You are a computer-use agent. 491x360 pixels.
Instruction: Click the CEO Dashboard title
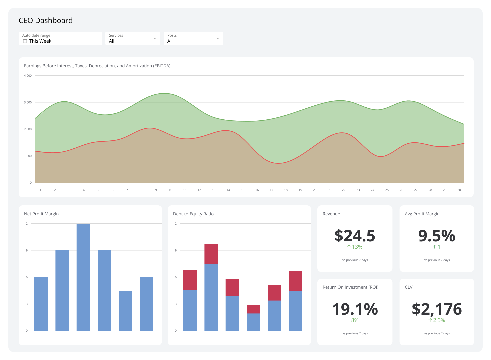click(46, 21)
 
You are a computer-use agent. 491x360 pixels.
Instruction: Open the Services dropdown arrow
click(155, 38)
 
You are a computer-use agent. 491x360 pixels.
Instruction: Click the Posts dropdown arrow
click(218, 38)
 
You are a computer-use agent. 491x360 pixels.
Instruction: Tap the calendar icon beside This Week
click(25, 41)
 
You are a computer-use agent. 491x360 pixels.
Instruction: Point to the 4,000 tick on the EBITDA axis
click(28, 76)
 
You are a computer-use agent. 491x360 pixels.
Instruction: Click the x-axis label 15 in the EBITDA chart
click(243, 190)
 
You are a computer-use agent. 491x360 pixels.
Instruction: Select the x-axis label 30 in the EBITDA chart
click(459, 190)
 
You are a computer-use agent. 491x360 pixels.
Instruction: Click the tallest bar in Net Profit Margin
click(83, 277)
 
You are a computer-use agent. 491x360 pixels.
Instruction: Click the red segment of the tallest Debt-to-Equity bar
click(211, 254)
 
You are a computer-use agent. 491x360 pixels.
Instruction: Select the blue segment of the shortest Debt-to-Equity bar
click(253, 322)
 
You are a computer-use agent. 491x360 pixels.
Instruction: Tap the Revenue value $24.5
click(355, 236)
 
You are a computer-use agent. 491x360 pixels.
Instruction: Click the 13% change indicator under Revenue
click(355, 247)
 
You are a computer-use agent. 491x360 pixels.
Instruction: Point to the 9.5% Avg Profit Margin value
click(437, 236)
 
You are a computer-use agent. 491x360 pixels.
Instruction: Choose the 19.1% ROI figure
click(355, 309)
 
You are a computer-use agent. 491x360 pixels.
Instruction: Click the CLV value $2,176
click(437, 309)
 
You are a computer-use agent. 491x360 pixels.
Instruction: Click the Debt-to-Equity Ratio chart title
click(193, 214)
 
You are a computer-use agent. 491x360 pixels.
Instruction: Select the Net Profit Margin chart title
click(41, 214)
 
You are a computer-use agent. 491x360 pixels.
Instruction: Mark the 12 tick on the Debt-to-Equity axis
click(175, 224)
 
